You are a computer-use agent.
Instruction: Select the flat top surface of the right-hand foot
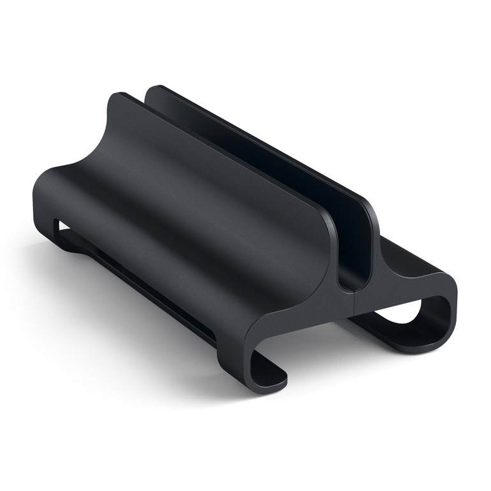tap(408, 261)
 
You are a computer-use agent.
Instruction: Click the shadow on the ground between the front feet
tap(319, 357)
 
